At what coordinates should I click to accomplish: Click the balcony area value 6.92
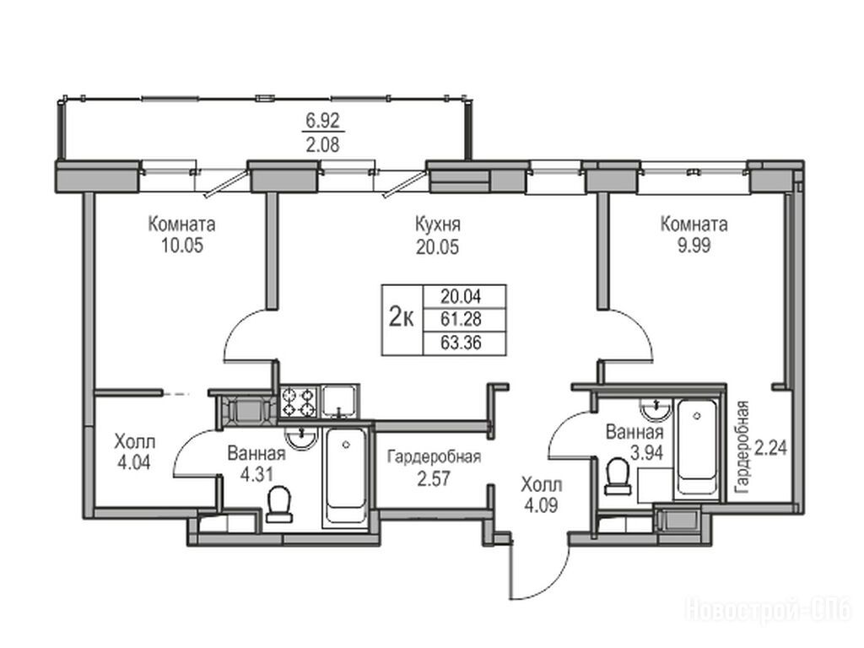pyautogui.click(x=323, y=120)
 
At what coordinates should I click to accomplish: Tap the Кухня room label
pyautogui.click(x=438, y=224)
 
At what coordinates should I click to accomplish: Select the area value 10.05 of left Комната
pyautogui.click(x=182, y=246)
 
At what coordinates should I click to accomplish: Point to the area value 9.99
pyautogui.click(x=694, y=246)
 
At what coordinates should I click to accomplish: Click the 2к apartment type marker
pyautogui.click(x=401, y=318)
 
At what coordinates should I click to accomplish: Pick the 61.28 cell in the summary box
pyautogui.click(x=461, y=319)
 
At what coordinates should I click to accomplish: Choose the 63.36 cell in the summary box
pyautogui.click(x=461, y=343)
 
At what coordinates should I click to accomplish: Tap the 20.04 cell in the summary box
pyautogui.click(x=461, y=296)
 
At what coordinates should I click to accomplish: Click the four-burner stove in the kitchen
pyautogui.click(x=298, y=402)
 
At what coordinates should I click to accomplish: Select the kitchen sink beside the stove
pyautogui.click(x=340, y=401)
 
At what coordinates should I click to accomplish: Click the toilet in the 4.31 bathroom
pyautogui.click(x=279, y=504)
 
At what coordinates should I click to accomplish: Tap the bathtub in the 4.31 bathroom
pyautogui.click(x=345, y=477)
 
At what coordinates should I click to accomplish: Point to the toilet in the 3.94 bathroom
pyautogui.click(x=618, y=478)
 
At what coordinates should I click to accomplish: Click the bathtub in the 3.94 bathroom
pyautogui.click(x=697, y=447)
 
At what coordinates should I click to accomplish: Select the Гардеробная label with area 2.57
pyautogui.click(x=435, y=456)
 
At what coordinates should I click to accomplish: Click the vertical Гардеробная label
pyautogui.click(x=742, y=447)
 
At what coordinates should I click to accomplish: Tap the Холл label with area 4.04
pyautogui.click(x=135, y=442)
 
